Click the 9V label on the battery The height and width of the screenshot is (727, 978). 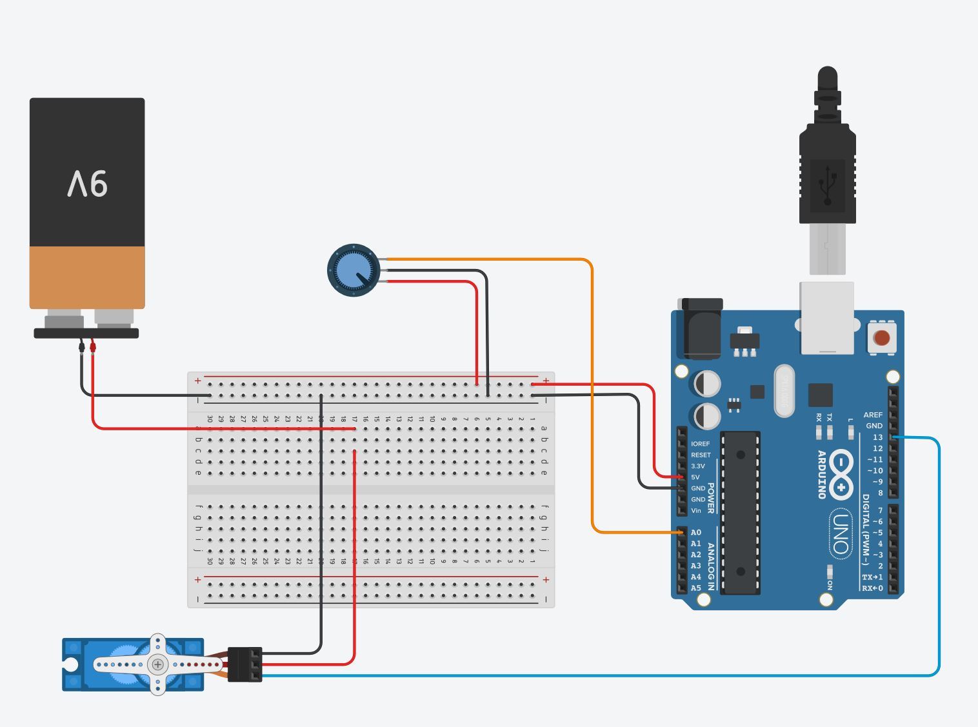pos(87,184)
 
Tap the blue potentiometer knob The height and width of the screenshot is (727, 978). pos(354,270)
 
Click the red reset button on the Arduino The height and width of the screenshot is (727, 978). pos(881,337)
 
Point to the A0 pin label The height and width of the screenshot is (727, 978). pos(695,532)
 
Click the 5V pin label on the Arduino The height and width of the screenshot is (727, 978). pos(695,477)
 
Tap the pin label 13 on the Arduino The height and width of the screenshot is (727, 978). pos(877,437)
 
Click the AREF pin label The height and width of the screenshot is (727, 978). pos(873,415)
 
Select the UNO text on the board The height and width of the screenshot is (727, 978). pos(840,532)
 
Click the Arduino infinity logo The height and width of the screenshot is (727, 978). pos(841,475)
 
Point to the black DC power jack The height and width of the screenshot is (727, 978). pos(701,328)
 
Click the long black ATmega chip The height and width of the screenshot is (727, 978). pos(740,512)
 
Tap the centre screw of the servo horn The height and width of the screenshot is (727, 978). pos(157,664)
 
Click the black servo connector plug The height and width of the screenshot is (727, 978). pos(245,664)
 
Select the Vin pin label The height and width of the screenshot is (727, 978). pos(695,510)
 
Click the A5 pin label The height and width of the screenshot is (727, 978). pos(695,588)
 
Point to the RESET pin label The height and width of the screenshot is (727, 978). pos(700,455)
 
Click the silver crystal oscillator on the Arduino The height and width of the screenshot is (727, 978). pos(784,390)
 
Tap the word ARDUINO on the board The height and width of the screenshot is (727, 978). pos(822,475)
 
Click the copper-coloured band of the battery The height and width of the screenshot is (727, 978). pos(87,277)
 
